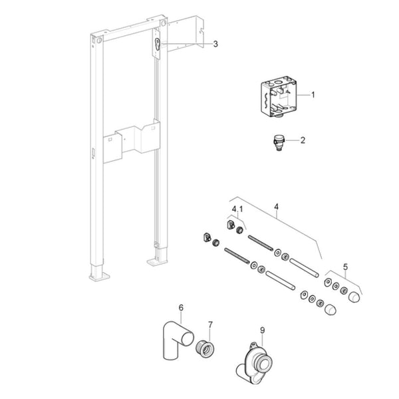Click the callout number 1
click(313, 94)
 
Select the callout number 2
click(303, 140)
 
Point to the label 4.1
click(237, 209)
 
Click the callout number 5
click(345, 267)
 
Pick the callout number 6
click(181, 307)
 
